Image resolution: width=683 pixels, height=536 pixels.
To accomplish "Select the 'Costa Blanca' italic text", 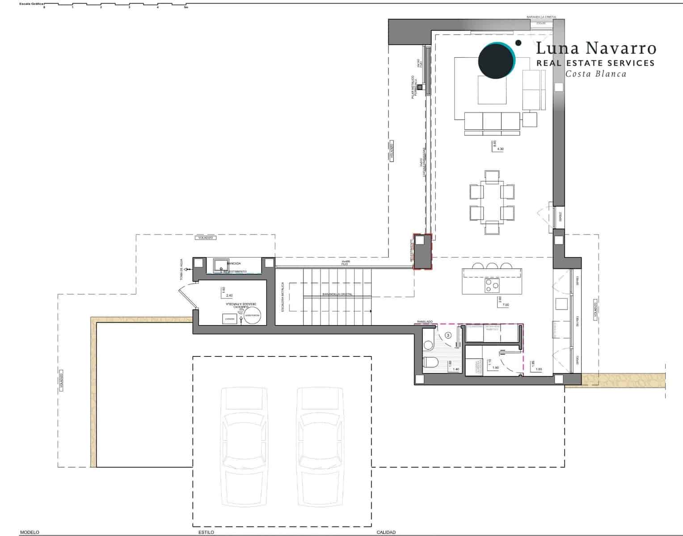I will [x=595, y=74].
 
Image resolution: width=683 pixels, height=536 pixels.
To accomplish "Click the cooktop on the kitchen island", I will [x=492, y=285].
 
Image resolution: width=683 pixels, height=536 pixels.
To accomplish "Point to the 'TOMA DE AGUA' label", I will [x=182, y=270].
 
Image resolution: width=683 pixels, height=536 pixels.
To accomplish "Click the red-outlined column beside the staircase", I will [x=422, y=252].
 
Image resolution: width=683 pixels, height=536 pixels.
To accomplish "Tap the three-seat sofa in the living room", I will [x=492, y=123].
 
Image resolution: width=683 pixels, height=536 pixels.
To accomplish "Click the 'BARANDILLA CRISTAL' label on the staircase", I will [x=337, y=294].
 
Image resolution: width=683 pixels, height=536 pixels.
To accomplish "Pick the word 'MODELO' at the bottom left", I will [x=30, y=532].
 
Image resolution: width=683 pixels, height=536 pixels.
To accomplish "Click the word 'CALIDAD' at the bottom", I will [x=386, y=532].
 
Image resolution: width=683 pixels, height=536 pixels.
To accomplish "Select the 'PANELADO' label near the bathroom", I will [x=425, y=322].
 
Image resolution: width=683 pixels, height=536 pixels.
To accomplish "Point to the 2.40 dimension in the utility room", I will [x=230, y=296].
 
